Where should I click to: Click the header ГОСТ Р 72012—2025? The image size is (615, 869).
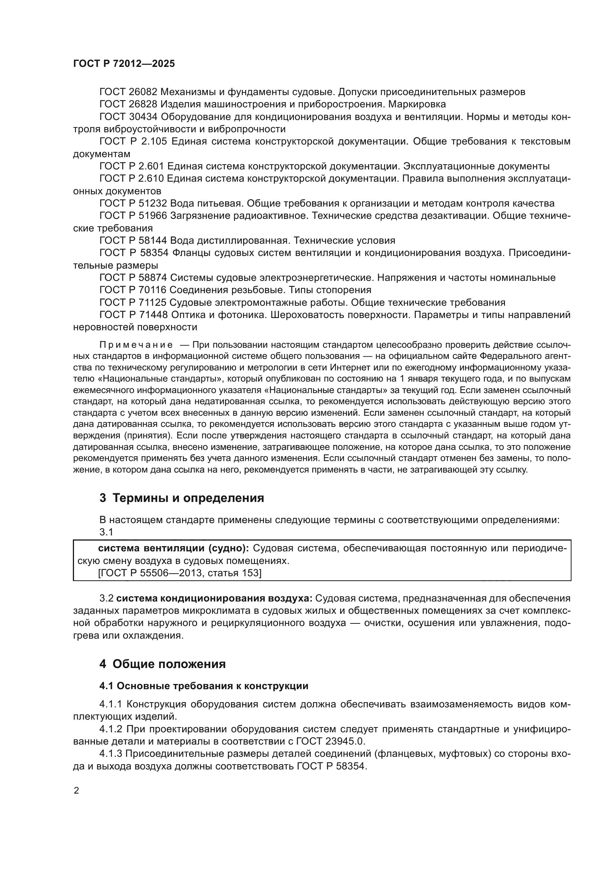[124, 64]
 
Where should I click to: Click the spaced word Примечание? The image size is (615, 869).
[136, 345]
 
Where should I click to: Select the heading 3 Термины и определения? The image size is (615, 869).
[182, 498]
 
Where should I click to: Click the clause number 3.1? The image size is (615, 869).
[106, 532]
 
